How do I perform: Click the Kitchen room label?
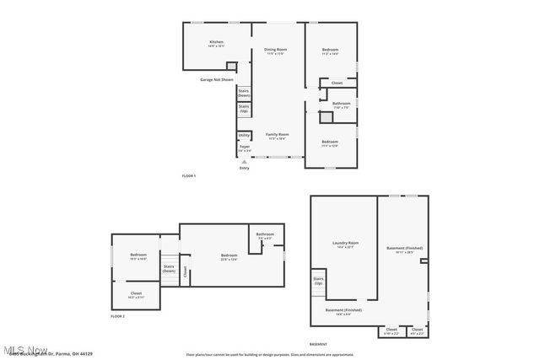216,44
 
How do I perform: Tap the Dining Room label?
276,51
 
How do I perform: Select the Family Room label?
278,136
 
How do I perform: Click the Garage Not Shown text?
216,79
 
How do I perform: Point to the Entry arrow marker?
245,161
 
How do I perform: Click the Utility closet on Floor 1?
244,135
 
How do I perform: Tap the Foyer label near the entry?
244,148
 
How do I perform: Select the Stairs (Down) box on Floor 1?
244,93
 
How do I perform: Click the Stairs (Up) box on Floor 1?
244,109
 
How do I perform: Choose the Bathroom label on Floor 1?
341,105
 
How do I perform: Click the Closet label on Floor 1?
337,83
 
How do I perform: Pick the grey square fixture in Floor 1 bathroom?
325,119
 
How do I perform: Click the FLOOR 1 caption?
189,175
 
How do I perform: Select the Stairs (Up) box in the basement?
318,282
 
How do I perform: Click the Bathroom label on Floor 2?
265,235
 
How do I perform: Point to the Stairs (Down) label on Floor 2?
169,269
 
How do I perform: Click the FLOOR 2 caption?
117,316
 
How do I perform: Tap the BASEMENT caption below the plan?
318,344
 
